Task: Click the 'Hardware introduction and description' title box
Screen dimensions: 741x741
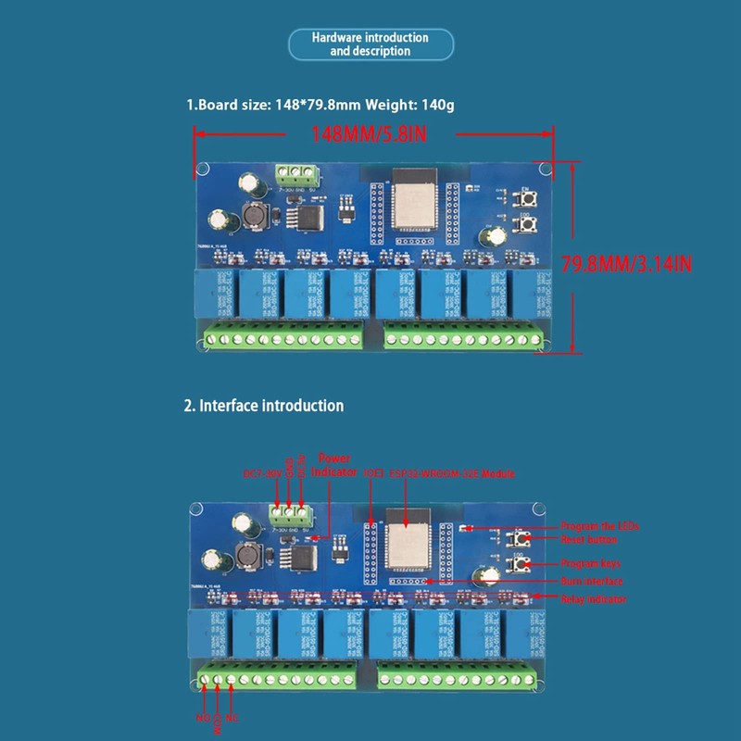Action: point(370,44)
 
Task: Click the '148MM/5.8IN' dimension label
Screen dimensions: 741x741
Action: point(370,134)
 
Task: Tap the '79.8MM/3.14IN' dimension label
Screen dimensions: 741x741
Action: point(640,263)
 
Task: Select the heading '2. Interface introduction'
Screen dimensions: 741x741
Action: point(264,406)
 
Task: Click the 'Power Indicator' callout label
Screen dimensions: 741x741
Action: point(336,465)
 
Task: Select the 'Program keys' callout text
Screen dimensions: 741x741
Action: point(590,563)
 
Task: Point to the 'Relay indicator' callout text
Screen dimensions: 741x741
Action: point(593,599)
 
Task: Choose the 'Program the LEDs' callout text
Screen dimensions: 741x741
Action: point(599,525)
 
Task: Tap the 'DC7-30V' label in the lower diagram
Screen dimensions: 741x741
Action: point(263,474)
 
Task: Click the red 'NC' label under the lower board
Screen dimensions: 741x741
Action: point(232,717)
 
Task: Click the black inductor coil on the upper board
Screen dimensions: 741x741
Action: point(253,215)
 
